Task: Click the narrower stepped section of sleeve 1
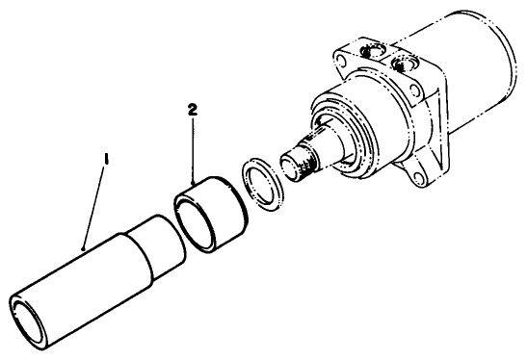[155, 246]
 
